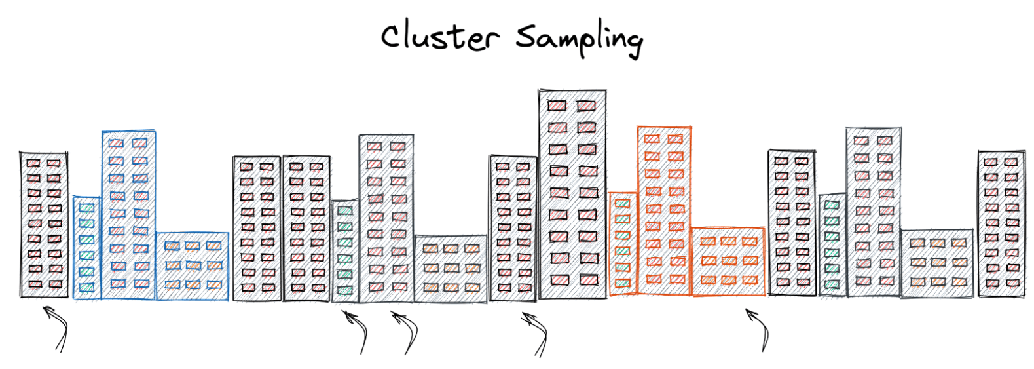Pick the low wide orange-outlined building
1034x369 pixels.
click(x=728, y=262)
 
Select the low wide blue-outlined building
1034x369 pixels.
click(x=193, y=266)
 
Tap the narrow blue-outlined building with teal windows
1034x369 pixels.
click(x=86, y=248)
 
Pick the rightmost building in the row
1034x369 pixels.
click(x=1001, y=223)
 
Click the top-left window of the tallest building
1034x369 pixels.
click(x=557, y=106)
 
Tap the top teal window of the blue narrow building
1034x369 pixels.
click(x=86, y=208)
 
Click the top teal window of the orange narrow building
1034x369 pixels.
click(x=623, y=204)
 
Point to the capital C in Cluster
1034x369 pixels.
click(x=394, y=37)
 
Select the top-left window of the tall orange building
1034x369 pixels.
click(x=652, y=139)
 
